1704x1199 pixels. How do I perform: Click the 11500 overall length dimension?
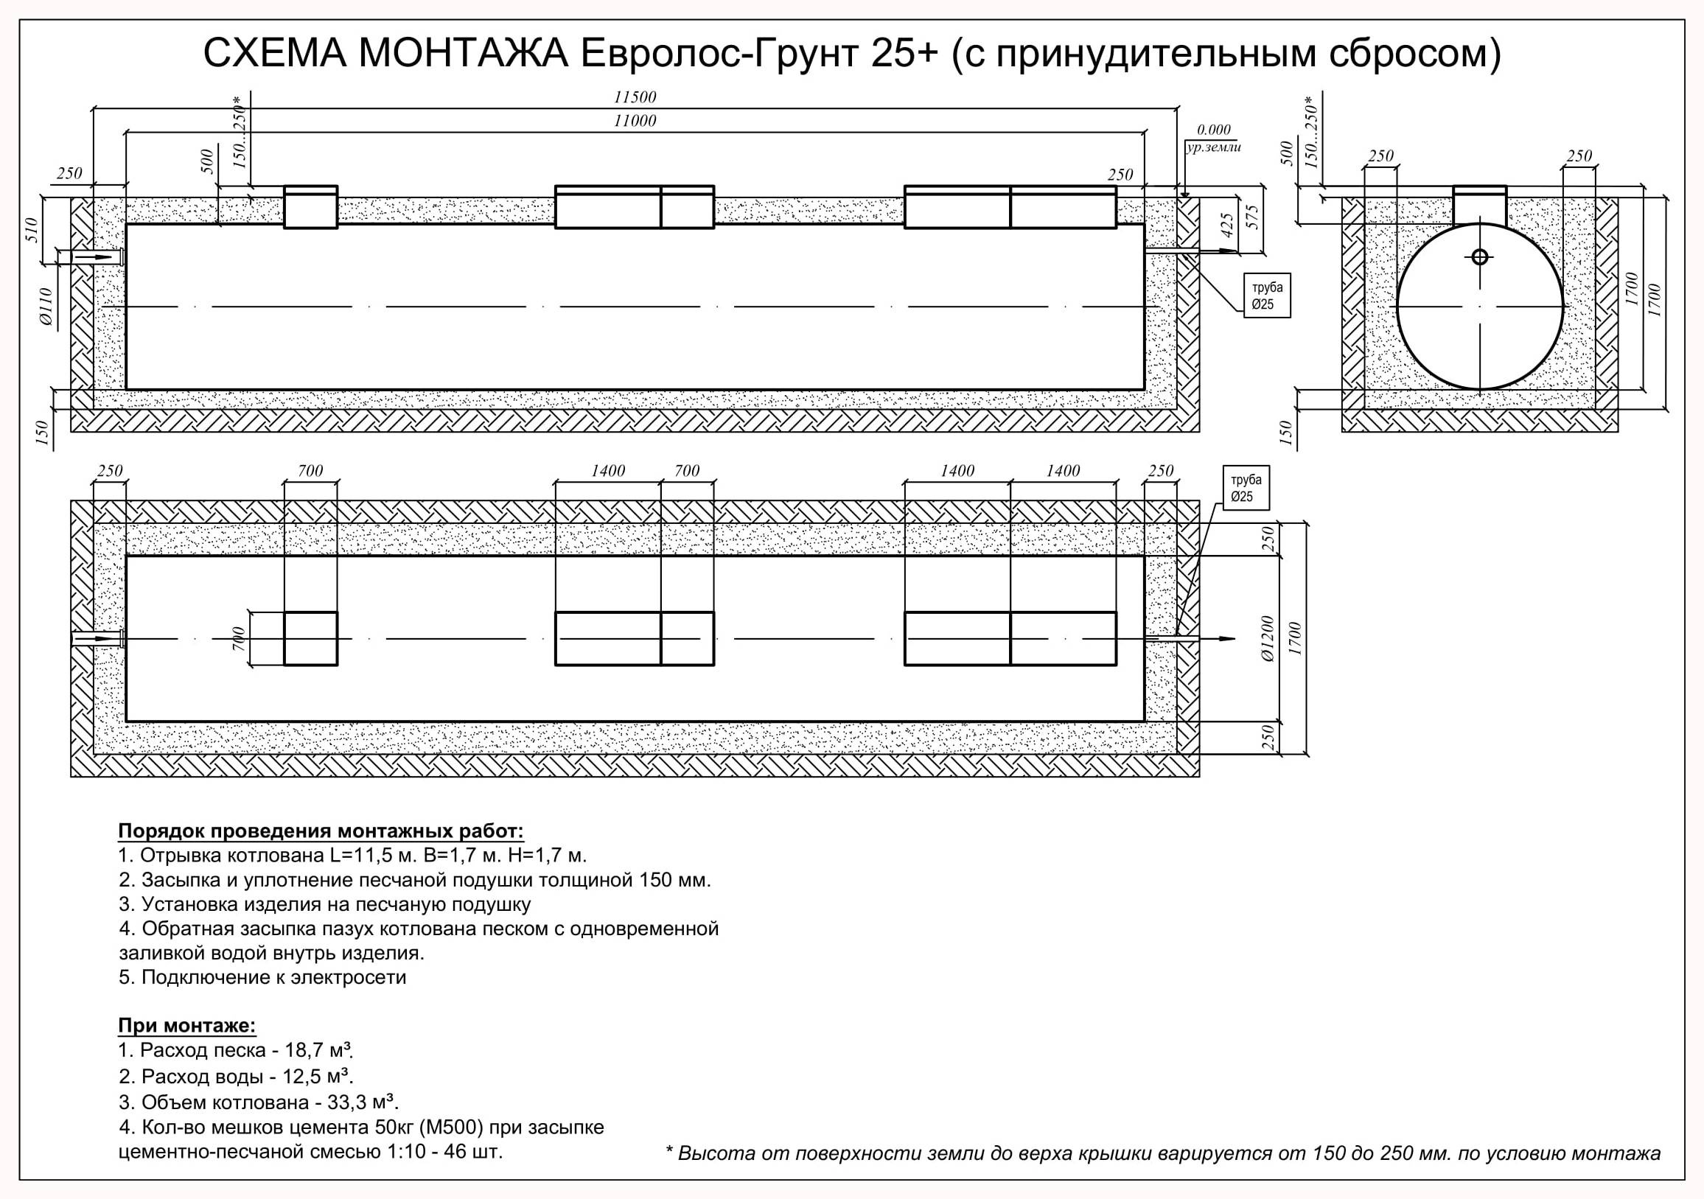point(635,97)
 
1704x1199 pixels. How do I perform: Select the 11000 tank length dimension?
point(635,121)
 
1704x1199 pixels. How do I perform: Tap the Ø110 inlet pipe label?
point(45,307)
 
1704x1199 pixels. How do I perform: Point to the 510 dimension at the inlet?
point(31,230)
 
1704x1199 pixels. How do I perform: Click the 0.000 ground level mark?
point(1214,130)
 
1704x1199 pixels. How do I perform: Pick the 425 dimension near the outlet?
point(1227,226)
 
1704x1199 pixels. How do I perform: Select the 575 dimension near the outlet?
point(1253,217)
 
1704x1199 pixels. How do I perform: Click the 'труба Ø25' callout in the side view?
point(1268,296)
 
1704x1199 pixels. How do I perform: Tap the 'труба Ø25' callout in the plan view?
point(1246,488)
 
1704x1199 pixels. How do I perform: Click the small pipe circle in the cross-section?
point(1480,256)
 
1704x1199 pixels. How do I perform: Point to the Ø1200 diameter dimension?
point(1268,639)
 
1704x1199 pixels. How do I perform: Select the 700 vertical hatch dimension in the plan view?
point(238,639)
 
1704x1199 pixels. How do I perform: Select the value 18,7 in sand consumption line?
point(307,1050)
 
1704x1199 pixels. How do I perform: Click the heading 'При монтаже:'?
point(187,1025)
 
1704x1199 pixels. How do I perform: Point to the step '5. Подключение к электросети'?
point(262,977)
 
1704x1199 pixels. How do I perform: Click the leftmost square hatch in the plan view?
point(311,639)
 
